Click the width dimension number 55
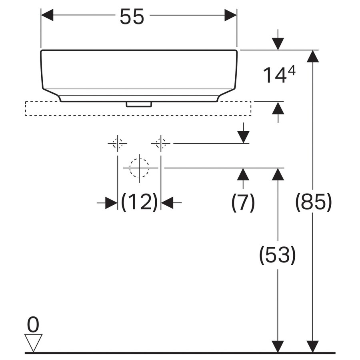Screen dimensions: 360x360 132,16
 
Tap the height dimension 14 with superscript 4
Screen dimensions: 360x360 279,75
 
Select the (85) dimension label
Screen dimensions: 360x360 313,202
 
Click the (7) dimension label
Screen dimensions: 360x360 243,202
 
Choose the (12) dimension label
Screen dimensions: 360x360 139,202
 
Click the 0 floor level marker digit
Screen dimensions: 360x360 33,324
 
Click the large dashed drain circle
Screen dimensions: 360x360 139,168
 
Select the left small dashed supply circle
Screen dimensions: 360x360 117,144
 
